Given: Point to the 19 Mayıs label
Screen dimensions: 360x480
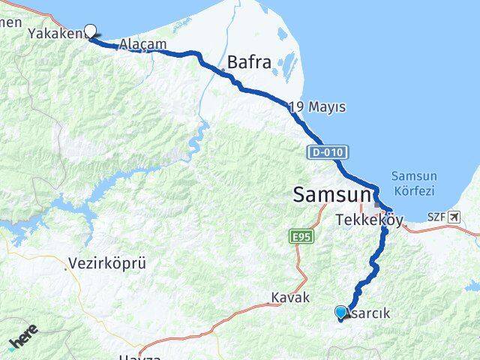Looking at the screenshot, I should [317, 108].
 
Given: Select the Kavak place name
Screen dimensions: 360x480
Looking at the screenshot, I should [289, 298].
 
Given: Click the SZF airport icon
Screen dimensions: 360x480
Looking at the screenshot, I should [453, 217].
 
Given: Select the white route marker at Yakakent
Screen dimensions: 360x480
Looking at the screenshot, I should [91, 31].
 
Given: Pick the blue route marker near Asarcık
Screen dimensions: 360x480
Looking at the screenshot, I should [341, 312].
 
